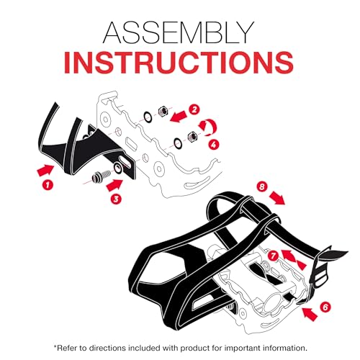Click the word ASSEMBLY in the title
click(179, 32)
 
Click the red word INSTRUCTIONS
click(179, 61)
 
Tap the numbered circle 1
click(48, 185)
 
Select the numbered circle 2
click(194, 109)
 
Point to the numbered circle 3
click(116, 199)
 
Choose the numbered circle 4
click(214, 145)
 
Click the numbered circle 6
click(325, 307)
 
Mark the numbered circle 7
click(273, 256)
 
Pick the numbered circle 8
click(262, 187)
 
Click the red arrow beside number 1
click(45, 170)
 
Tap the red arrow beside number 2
click(179, 117)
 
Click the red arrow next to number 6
click(310, 314)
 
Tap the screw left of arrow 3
click(101, 176)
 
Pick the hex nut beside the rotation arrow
click(193, 137)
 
